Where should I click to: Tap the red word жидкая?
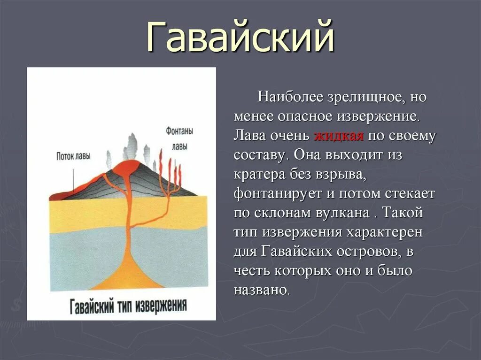tap(339, 136)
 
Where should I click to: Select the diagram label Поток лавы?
tap(74, 156)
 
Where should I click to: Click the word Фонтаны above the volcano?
tap(180, 131)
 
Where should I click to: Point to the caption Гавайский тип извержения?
tap(128, 306)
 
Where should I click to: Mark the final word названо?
tap(261, 290)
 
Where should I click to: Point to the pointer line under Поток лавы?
tap(73, 179)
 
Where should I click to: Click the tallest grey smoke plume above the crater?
tap(132, 147)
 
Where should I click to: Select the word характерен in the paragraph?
tap(384, 232)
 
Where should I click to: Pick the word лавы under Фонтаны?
tap(180, 146)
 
